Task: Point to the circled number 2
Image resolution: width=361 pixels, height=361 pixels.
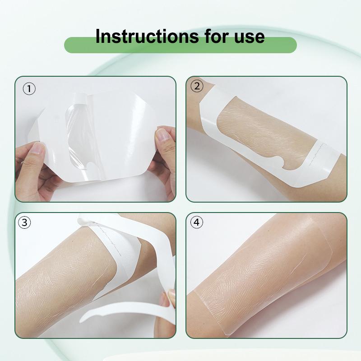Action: point(197,86)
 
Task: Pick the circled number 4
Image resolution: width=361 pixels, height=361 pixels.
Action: point(197,222)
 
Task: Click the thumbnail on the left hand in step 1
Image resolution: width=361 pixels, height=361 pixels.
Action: point(37,148)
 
